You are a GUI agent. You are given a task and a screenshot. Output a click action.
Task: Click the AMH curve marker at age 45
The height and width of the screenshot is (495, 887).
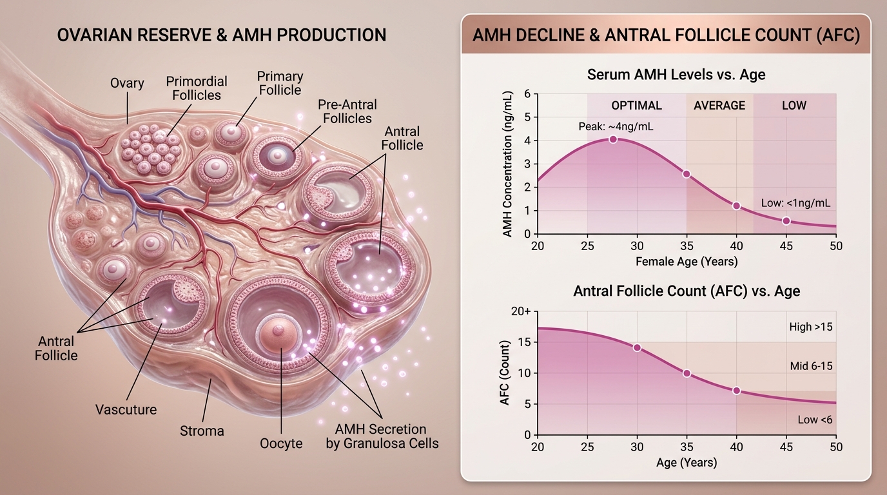coord(786,221)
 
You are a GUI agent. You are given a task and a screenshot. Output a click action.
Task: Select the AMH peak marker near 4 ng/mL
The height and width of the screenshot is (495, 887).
coord(613,139)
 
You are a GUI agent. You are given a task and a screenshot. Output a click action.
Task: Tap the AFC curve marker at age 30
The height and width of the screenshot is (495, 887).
coord(637,347)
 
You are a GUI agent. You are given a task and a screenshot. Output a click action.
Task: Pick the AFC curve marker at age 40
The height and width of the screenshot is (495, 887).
coord(736,391)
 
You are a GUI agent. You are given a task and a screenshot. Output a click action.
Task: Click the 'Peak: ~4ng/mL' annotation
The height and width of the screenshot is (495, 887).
coord(616,127)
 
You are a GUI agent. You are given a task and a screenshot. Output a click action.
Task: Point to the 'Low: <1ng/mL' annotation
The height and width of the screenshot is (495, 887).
coord(795,203)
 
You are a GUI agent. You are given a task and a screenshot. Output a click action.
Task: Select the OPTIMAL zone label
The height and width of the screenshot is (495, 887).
coord(636,106)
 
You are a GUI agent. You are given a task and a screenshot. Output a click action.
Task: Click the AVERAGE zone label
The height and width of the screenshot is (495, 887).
coord(719,106)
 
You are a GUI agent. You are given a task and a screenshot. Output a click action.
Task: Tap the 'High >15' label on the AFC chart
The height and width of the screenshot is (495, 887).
coord(810,327)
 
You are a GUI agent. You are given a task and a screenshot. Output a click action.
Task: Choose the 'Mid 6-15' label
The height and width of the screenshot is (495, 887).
coord(811,366)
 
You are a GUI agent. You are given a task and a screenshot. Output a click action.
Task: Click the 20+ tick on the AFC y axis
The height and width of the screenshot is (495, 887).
coord(521,311)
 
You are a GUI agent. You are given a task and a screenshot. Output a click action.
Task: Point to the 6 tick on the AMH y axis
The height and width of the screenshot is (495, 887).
coord(527,94)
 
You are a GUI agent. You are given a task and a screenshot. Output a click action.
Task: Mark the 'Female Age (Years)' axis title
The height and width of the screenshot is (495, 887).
coord(687,262)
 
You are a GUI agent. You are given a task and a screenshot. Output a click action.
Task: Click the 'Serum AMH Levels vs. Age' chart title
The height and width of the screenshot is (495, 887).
coord(676,75)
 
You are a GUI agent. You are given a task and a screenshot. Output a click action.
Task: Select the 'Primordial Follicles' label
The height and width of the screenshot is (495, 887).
coord(197,88)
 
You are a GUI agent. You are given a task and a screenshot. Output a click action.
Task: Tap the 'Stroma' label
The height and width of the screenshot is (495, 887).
coord(202,431)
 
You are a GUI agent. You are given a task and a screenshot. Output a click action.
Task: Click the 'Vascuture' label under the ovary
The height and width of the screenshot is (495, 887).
coord(126,409)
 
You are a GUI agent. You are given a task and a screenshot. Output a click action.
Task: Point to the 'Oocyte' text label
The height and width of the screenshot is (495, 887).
coord(281,443)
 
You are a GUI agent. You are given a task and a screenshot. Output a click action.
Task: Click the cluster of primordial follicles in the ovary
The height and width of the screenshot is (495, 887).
coord(151,150)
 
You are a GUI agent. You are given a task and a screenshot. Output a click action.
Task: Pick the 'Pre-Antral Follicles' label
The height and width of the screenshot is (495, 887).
coord(347,112)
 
